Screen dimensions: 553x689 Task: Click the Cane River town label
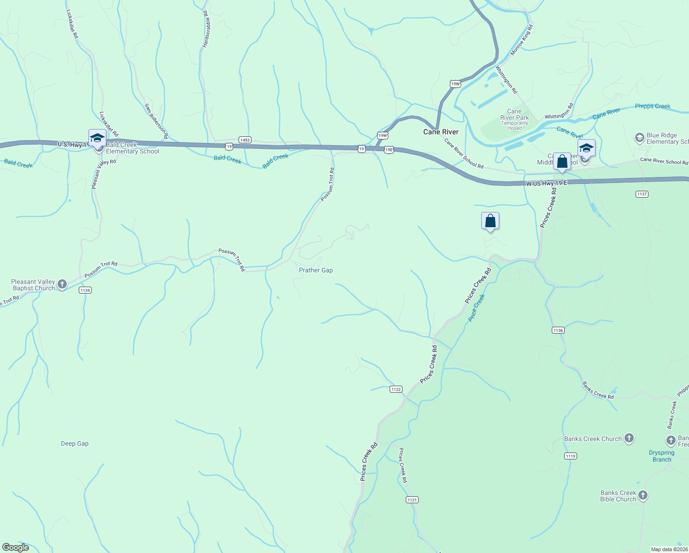tap(441, 132)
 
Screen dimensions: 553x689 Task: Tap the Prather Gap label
tap(315, 270)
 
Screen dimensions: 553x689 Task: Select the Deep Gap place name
tap(75, 443)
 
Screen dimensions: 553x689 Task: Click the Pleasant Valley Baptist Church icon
tap(63, 284)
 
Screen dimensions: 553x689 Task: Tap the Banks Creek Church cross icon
tap(629, 438)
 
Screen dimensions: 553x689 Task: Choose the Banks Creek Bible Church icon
tap(643, 495)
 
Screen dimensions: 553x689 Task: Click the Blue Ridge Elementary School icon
tap(639, 137)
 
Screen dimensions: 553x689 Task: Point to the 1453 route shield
tap(245, 140)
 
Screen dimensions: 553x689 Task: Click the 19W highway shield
tap(455, 84)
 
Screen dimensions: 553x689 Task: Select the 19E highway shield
tap(389, 150)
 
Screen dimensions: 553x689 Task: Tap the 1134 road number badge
tap(85, 290)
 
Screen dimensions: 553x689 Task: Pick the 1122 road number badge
tap(396, 389)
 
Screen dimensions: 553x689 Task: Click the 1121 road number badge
tap(412, 500)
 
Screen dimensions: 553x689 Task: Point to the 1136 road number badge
tap(558, 330)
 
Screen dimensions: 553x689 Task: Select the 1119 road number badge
tap(570, 456)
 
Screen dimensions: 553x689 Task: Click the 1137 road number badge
tap(642, 194)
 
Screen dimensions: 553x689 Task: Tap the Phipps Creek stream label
tap(653, 106)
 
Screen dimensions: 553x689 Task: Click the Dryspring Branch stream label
tap(661, 456)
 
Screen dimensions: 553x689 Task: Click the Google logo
tap(16, 547)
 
